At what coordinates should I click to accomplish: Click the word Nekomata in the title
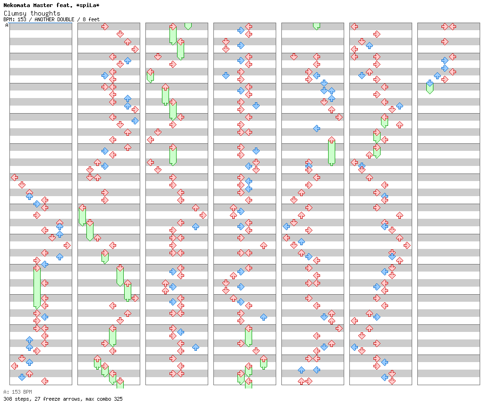(x=17, y=5)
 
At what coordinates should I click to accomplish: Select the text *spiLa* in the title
(x=88, y=6)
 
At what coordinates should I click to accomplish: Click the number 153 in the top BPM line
(x=22, y=19)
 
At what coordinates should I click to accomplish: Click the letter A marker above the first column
(x=7, y=25)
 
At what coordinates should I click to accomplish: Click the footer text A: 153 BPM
(x=17, y=392)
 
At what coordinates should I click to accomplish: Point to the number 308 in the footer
(x=8, y=399)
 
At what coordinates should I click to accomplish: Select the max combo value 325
(x=119, y=399)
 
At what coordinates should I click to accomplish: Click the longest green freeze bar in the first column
(x=37, y=288)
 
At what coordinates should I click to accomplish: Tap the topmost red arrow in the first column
(x=15, y=178)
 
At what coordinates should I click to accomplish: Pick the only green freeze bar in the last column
(x=430, y=88)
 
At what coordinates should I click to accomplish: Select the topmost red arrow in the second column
(x=105, y=26)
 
